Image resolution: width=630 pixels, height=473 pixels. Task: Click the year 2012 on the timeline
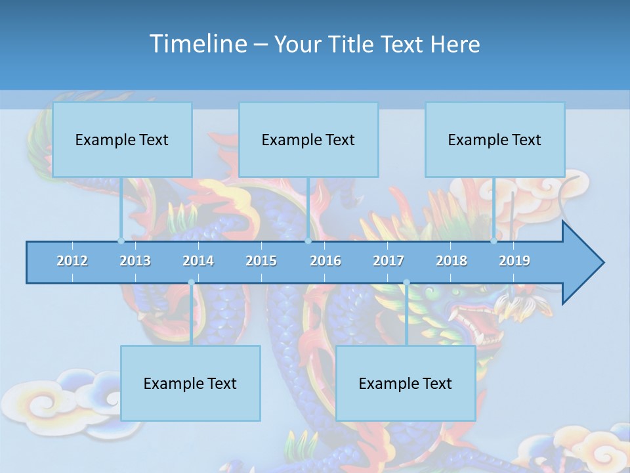coord(72,261)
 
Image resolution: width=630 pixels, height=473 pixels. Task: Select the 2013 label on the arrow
coord(135,261)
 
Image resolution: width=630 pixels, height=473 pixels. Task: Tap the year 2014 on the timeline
coord(198,261)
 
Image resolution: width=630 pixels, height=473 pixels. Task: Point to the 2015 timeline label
coord(261,261)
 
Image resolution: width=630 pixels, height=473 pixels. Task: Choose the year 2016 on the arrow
coord(325,261)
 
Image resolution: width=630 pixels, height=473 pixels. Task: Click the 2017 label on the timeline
coord(388,261)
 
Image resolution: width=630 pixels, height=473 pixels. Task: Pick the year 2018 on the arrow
coord(451,261)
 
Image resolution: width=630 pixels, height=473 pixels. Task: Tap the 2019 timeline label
coord(514,261)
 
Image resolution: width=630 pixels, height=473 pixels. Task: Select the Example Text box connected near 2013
coord(122,139)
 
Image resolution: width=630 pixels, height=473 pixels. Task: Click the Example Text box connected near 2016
coord(308,139)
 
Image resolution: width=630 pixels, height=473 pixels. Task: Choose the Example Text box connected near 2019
coord(495,139)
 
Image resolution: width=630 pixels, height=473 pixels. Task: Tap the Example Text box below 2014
coord(190,383)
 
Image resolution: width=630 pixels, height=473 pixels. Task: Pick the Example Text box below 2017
coord(406,383)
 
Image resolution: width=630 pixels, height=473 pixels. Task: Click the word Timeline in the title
coord(197,44)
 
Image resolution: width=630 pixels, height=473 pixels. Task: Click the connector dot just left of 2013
coord(121,241)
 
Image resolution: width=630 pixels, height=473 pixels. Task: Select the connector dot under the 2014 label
coord(191,282)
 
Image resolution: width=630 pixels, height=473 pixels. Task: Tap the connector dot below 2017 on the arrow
coord(406,282)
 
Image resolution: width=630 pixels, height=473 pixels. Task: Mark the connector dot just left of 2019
coord(493,241)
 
